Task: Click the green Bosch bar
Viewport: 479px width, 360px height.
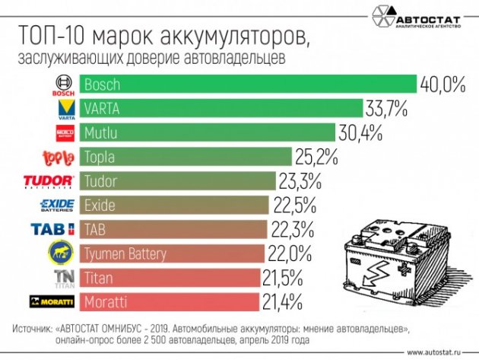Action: (x=247, y=84)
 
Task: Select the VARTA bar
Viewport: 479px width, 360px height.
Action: (x=220, y=107)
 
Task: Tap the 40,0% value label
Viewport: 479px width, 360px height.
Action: (x=443, y=84)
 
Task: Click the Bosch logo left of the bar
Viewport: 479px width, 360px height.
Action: (x=62, y=84)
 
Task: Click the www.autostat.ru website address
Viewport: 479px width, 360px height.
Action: (x=439, y=352)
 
